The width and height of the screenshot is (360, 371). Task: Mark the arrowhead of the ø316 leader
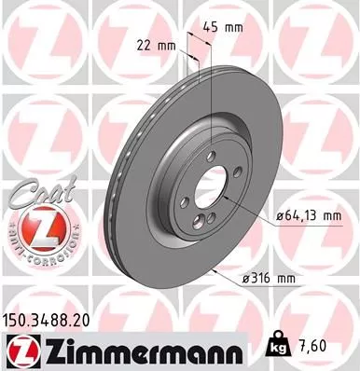click(215, 267)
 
